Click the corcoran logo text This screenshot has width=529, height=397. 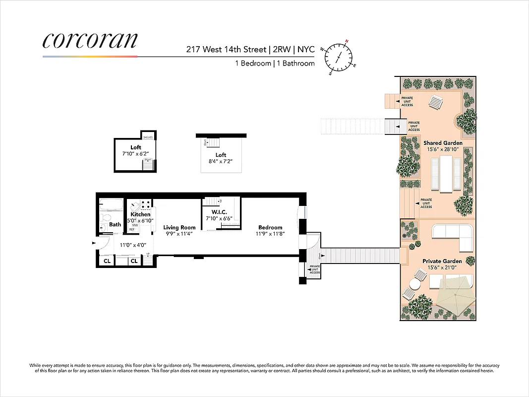[x=90, y=41]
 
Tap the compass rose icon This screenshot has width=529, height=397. [x=340, y=57]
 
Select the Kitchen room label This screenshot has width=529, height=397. [x=140, y=214]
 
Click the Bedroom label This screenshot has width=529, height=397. [x=270, y=227]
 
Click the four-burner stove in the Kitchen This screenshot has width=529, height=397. [x=145, y=204]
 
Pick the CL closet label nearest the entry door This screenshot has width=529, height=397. [x=107, y=261]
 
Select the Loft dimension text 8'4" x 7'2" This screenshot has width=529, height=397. [x=221, y=161]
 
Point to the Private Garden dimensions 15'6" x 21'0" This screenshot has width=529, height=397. [x=442, y=267]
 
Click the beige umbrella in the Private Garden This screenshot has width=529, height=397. [x=453, y=298]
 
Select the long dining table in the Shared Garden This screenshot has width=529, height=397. [x=446, y=173]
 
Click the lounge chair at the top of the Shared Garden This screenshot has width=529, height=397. [x=436, y=103]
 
